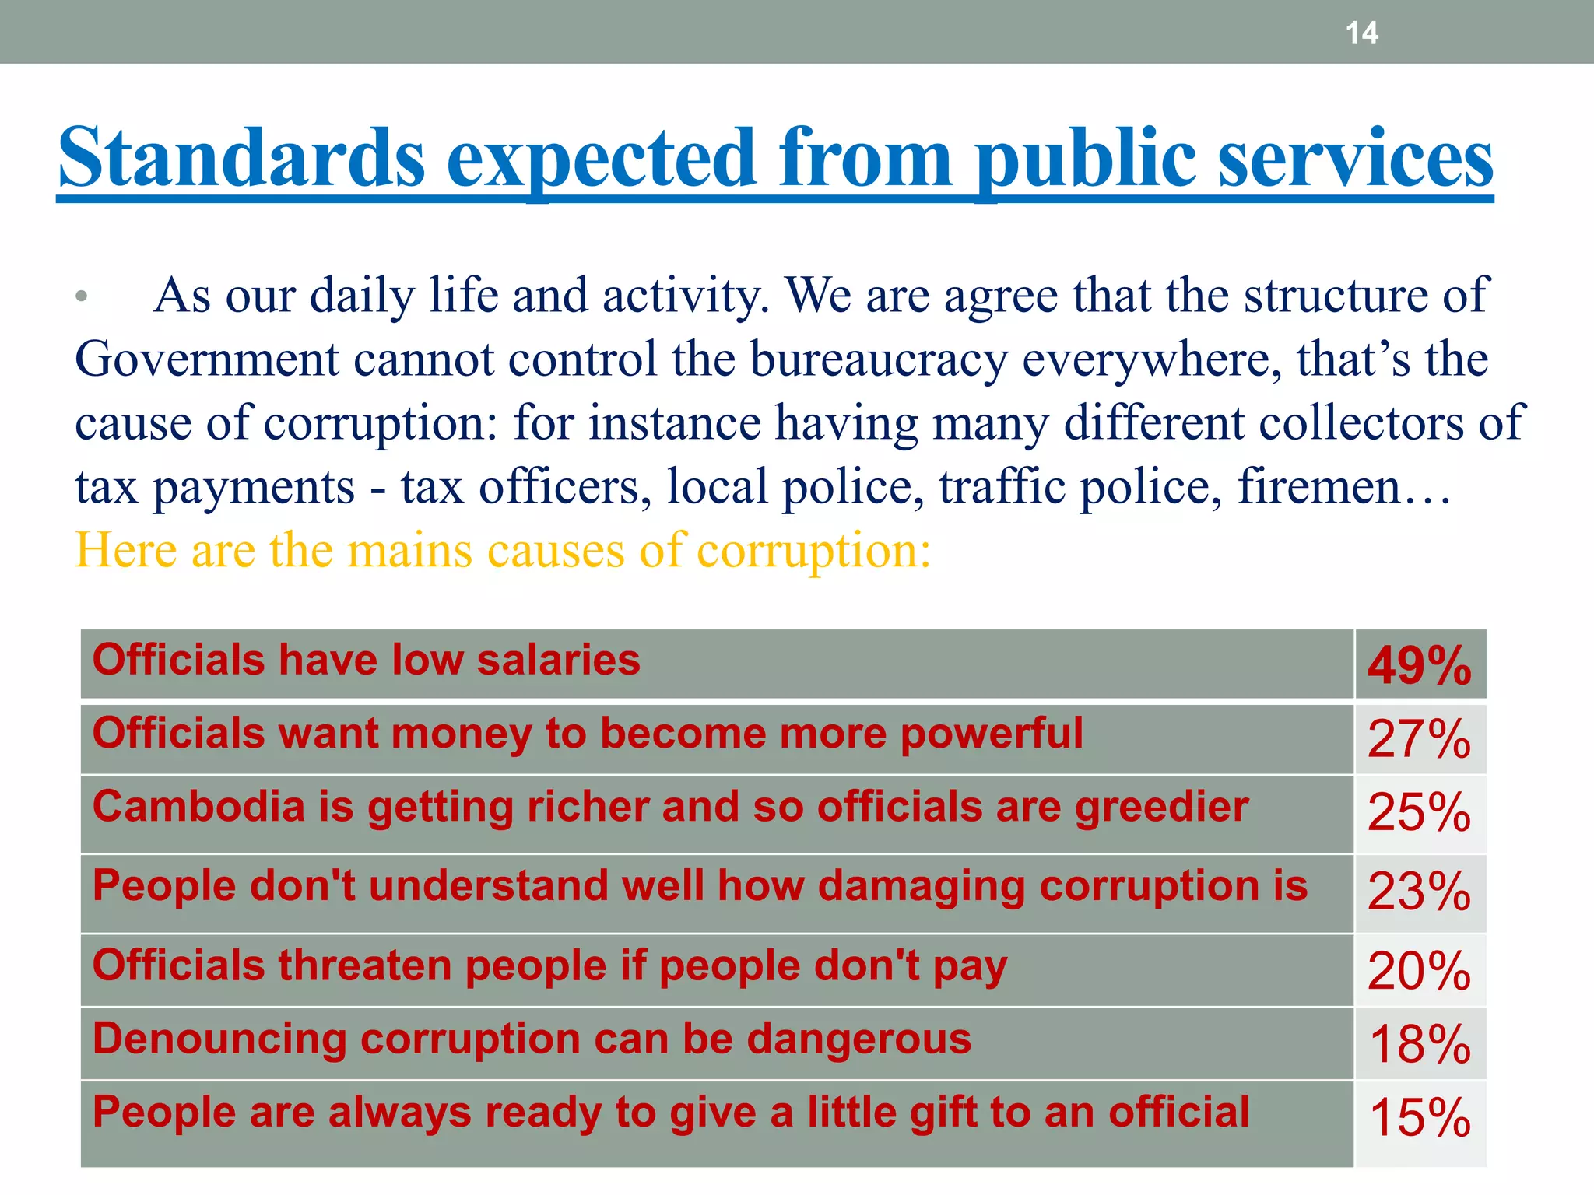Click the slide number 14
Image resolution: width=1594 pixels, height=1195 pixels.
click(1361, 33)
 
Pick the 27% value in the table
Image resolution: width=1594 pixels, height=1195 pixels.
click(1420, 739)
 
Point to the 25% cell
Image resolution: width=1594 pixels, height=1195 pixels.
click(1420, 813)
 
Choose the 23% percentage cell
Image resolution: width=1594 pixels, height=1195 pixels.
click(1420, 892)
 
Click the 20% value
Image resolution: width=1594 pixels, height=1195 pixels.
click(1420, 971)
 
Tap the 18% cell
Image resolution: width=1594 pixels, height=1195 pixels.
click(1420, 1044)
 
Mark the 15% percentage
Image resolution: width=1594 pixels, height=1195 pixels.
click(1420, 1118)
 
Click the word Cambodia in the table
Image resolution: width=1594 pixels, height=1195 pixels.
click(198, 807)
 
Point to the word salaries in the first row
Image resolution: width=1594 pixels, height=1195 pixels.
click(558, 661)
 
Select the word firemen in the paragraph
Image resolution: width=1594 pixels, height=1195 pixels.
click(1319, 487)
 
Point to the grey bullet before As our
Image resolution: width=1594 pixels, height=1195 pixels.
click(82, 296)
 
